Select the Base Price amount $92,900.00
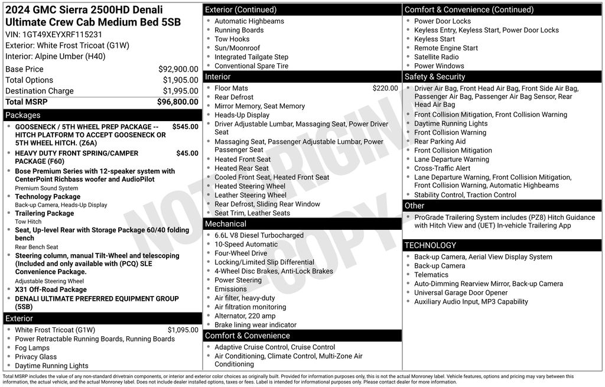tap(178, 69)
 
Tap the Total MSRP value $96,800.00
tap(177, 102)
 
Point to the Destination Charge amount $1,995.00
tap(180, 91)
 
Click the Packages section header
tap(23, 115)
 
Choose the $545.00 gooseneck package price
tap(185, 126)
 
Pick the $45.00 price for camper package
tap(187, 153)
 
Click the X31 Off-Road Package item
tap(51, 290)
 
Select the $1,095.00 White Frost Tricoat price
tap(183, 330)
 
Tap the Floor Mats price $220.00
tap(385, 88)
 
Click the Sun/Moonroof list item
tap(237, 48)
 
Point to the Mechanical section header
tap(225, 224)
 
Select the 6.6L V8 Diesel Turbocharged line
tap(259, 235)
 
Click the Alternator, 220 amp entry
tap(245, 316)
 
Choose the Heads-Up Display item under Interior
tap(242, 115)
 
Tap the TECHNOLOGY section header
tap(430, 245)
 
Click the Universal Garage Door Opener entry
tap(461, 292)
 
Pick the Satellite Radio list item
tap(436, 57)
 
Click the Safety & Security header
tap(435, 77)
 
